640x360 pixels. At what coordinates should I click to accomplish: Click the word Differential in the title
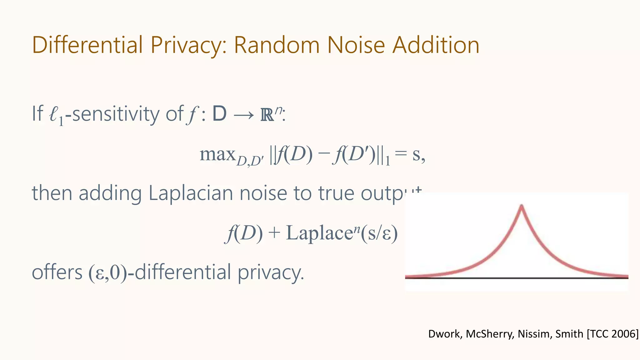click(87, 45)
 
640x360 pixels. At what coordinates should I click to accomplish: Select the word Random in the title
click(277, 45)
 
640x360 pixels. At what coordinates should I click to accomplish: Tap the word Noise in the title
click(356, 45)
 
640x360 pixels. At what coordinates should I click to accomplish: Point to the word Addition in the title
click(436, 45)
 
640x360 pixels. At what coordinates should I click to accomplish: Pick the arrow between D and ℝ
click(243, 115)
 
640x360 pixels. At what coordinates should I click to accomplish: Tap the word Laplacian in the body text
click(191, 193)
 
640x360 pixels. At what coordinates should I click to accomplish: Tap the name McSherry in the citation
click(490, 334)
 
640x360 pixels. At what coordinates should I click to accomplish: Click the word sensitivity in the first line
click(116, 114)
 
